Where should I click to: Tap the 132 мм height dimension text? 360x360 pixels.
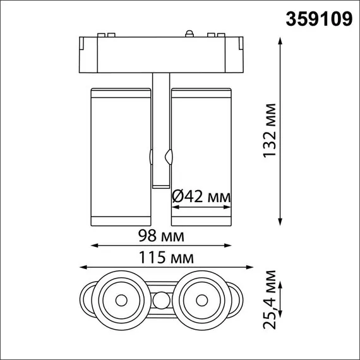tap(270, 129)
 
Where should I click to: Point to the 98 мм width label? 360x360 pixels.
tap(162, 237)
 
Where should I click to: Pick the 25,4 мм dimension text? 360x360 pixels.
tap(270, 299)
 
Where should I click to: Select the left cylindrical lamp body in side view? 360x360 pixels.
tap(117, 155)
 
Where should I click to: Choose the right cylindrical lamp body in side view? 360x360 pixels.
tap(201, 155)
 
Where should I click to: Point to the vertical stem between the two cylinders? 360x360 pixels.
tap(160, 126)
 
